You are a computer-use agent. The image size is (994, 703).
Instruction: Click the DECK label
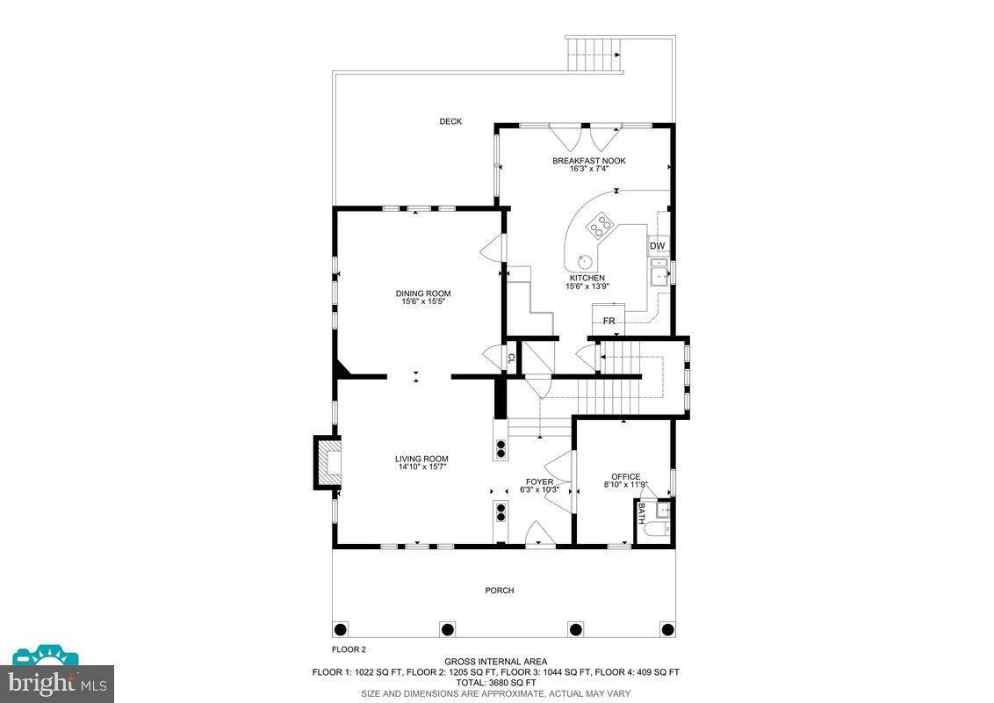pyautogui.click(x=450, y=121)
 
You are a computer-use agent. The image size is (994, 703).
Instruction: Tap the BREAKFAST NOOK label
pyautogui.click(x=588, y=161)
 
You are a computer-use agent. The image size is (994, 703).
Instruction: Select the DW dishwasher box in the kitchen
pyautogui.click(x=657, y=246)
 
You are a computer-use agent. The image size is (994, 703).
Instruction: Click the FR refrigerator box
pyautogui.click(x=609, y=320)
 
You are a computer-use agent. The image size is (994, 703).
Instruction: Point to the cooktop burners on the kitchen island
pyautogui.click(x=601, y=228)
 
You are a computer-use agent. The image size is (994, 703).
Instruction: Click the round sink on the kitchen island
pyautogui.click(x=584, y=259)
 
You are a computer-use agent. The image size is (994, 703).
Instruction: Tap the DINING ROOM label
pyautogui.click(x=423, y=294)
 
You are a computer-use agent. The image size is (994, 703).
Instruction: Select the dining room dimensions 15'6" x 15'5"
pyautogui.click(x=423, y=302)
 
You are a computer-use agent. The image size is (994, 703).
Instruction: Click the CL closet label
pyautogui.click(x=510, y=359)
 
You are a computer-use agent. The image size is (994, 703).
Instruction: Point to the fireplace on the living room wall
pyautogui.click(x=328, y=461)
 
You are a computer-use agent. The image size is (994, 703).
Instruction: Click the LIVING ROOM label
pyautogui.click(x=421, y=459)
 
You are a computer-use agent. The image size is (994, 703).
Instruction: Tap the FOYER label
pyautogui.click(x=539, y=482)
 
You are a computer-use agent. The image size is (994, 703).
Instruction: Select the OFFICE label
pyautogui.click(x=625, y=476)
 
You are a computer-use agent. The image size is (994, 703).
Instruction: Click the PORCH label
pyautogui.click(x=499, y=591)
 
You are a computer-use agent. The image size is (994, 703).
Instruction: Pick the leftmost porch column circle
pyautogui.click(x=342, y=629)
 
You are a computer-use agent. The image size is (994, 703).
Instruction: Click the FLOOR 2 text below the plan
pyautogui.click(x=348, y=649)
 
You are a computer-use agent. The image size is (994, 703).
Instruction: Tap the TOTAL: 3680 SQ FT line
pyautogui.click(x=495, y=682)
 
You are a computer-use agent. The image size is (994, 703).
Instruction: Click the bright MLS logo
pyautogui.click(x=56, y=679)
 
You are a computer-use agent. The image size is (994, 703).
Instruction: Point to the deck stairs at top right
pyautogui.click(x=594, y=54)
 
